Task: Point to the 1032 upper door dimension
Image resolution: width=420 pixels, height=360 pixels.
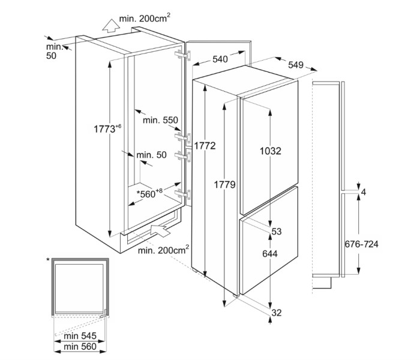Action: (271, 151)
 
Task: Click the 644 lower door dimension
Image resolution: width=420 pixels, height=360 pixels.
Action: (271, 254)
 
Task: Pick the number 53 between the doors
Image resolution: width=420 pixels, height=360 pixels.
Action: (277, 232)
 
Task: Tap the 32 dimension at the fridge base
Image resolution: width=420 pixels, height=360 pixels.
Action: (276, 313)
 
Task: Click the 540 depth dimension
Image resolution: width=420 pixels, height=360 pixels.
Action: (220, 59)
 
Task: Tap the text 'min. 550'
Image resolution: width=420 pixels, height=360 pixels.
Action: (160, 121)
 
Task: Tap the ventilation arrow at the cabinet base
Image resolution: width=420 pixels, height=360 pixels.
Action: (162, 229)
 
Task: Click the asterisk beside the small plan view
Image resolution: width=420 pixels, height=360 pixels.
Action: (48, 260)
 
